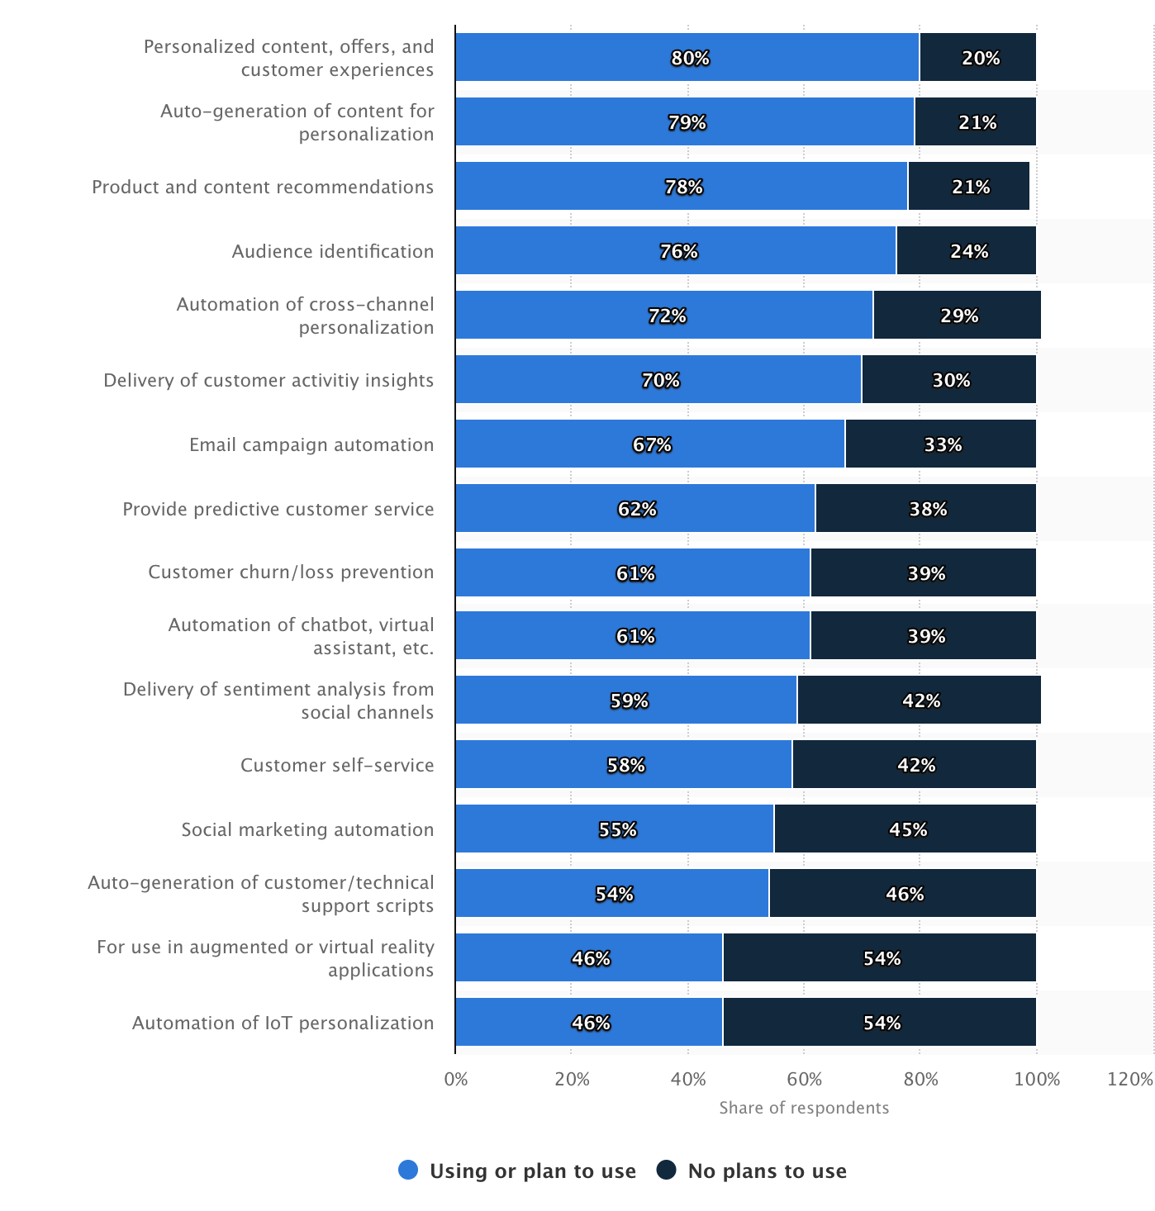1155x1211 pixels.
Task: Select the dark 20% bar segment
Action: pos(978,58)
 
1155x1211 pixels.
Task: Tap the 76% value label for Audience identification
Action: pos(679,251)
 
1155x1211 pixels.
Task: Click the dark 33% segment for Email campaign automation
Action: pos(940,444)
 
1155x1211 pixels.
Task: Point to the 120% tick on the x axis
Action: pos(1129,1079)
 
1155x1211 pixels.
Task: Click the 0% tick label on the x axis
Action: pos(456,1079)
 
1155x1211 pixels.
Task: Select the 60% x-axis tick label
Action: pos(804,1079)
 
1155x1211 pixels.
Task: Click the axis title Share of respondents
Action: pos(804,1108)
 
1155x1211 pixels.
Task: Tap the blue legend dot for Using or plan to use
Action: pos(408,1170)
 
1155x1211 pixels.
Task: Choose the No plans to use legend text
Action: pos(767,1171)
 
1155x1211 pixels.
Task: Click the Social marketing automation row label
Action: pos(307,829)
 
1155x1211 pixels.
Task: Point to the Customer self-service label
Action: pos(337,765)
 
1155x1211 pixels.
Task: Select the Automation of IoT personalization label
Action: pos(283,1023)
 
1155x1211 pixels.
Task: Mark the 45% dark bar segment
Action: pos(905,829)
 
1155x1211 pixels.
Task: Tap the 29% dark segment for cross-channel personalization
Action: pos(957,316)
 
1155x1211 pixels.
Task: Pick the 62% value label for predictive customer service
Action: pos(637,509)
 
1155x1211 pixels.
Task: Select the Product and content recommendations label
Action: pos(263,187)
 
